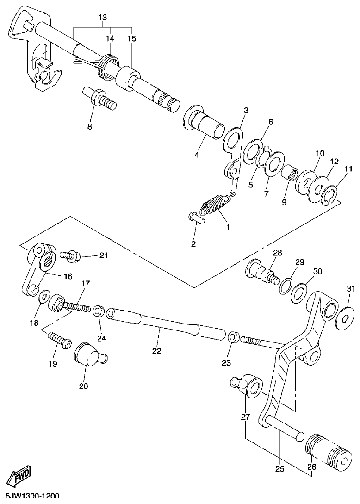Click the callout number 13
tap(102, 18)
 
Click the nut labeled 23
tap(234, 337)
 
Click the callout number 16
tap(68, 276)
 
